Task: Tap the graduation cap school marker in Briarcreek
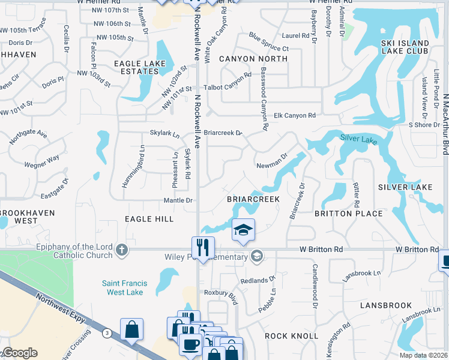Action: [x=244, y=230]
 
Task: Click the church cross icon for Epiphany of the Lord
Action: [x=122, y=249]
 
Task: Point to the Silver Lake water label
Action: [x=358, y=139]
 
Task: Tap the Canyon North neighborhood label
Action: [x=253, y=59]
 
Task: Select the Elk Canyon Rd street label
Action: [x=294, y=115]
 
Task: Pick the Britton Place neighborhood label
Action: [x=348, y=213]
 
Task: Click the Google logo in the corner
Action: [x=19, y=353]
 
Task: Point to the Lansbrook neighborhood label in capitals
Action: [x=386, y=305]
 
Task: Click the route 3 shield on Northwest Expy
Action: [x=106, y=332]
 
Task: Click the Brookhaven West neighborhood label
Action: [x=27, y=217]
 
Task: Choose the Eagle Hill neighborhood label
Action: [x=149, y=219]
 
